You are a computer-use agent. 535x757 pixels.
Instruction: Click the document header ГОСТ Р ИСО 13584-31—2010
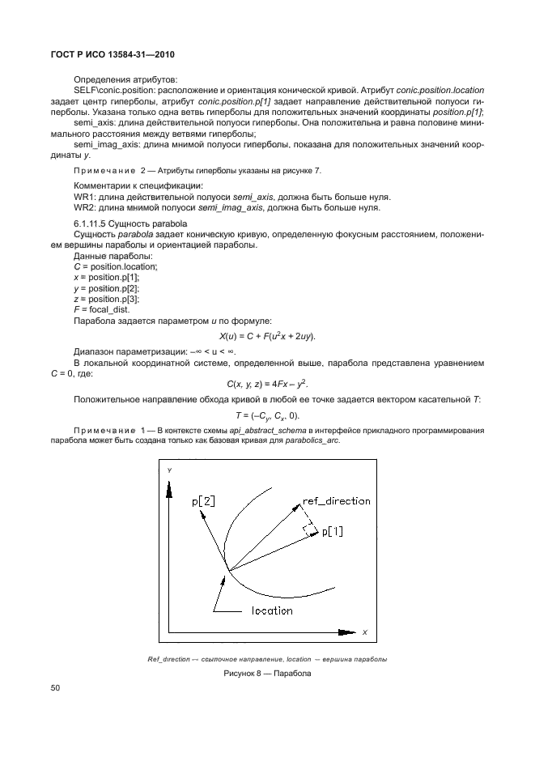[108, 54]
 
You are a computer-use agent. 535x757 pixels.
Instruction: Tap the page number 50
[56, 688]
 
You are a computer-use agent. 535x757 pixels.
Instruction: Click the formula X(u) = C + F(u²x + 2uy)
[267, 336]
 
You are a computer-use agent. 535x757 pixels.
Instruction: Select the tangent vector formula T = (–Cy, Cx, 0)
[267, 415]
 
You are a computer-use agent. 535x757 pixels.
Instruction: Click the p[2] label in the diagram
[203, 501]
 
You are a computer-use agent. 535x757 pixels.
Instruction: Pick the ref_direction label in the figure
[336, 500]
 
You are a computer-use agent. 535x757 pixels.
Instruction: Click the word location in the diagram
[272, 610]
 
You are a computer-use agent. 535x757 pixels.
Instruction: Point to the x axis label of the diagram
[364, 632]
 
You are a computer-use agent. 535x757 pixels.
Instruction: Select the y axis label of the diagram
[169, 470]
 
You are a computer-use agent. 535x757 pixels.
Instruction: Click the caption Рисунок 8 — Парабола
[267, 673]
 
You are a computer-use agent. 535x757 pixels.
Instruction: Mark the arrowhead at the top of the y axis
[169, 483]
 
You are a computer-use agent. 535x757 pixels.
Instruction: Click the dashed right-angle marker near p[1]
[308, 529]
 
